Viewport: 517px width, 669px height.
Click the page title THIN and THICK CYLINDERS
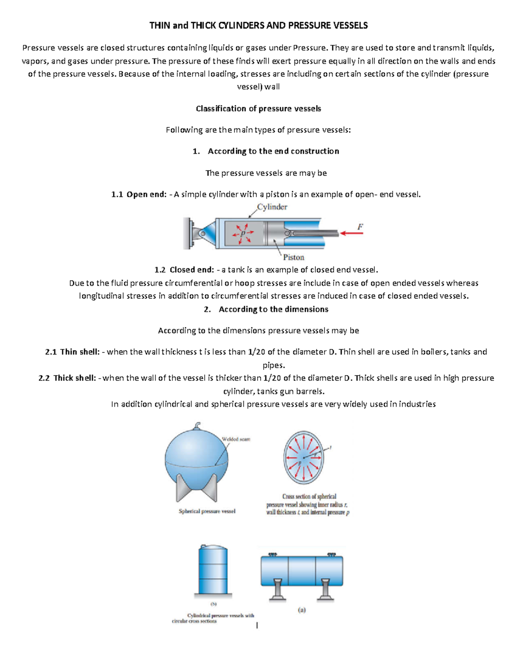[x=258, y=25]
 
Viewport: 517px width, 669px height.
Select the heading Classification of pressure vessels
[x=258, y=109]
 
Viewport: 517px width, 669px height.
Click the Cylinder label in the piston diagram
[x=272, y=207]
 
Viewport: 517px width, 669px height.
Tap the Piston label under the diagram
[x=293, y=257]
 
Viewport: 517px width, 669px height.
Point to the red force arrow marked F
[x=352, y=233]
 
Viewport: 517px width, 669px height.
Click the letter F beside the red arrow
[x=360, y=226]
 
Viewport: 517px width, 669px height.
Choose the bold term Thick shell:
[x=74, y=378]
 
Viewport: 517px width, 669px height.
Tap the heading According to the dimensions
[x=273, y=309]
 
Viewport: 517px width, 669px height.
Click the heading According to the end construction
[x=273, y=151]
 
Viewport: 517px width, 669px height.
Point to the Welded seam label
[x=236, y=439]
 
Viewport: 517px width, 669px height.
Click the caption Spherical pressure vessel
[x=207, y=511]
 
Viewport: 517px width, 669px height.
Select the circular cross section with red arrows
[x=303, y=457]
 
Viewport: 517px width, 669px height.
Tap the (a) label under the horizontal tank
[x=302, y=610]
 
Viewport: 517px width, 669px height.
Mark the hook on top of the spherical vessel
[x=197, y=426]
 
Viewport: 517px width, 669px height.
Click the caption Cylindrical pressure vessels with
[x=221, y=616]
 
